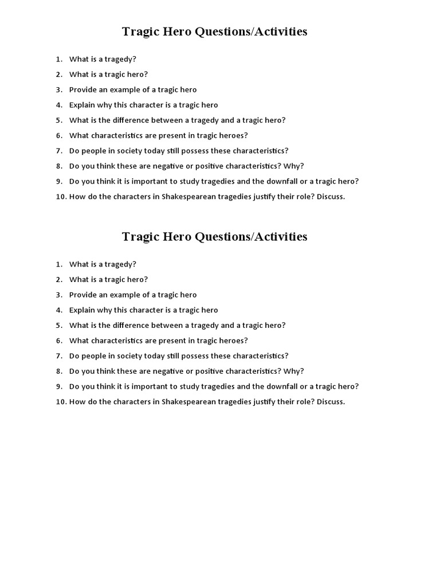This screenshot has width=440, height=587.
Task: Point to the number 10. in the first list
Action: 61,197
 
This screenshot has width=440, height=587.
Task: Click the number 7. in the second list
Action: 59,356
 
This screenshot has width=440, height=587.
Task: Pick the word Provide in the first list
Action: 83,89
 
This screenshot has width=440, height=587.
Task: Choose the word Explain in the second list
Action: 82,310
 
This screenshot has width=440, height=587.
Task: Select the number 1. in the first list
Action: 59,59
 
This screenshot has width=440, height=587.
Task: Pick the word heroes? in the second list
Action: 234,341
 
